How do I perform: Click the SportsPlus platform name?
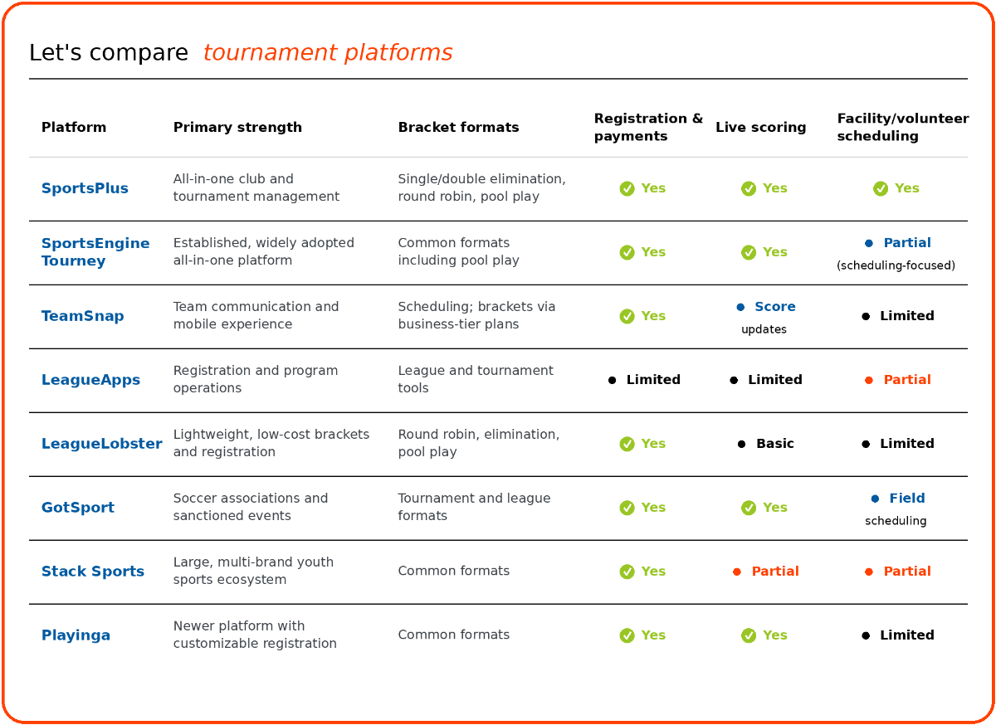coord(85,188)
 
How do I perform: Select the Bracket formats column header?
coord(458,127)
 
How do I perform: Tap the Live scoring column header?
coord(761,127)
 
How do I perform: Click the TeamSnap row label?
coord(82,315)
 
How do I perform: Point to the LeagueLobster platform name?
coord(102,443)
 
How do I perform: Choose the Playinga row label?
coord(76,635)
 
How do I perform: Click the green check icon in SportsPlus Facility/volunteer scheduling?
coord(881,188)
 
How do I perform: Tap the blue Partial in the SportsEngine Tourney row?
coord(907,243)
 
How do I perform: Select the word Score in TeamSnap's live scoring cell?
coord(775,306)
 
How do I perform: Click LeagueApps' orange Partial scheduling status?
coord(907,380)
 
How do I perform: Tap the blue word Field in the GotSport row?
coord(907,498)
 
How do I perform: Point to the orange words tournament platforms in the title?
coord(328,52)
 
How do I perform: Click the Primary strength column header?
coord(237,127)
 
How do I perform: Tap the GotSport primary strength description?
coord(251,507)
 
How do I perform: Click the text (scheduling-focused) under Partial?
coord(896,265)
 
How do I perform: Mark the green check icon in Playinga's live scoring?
coord(749,635)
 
